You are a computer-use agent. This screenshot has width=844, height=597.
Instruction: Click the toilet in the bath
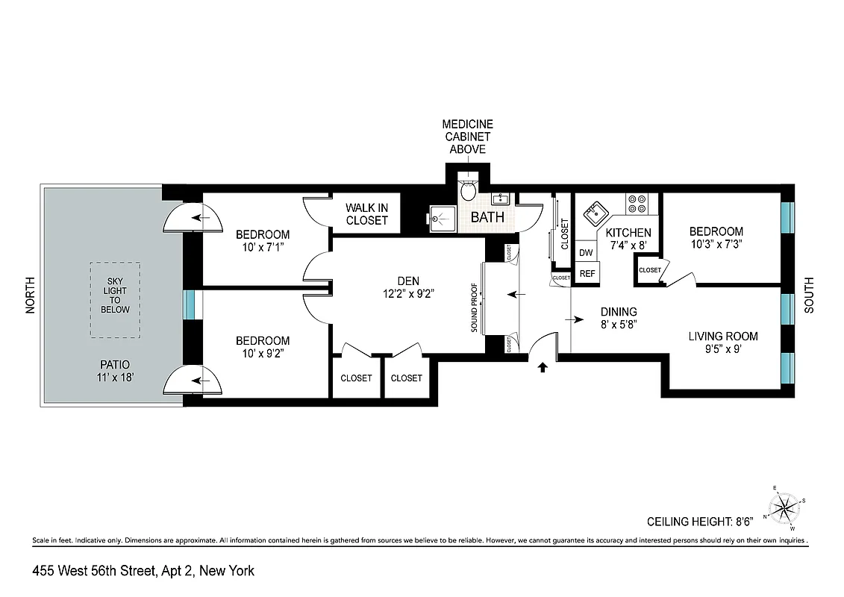click(x=469, y=192)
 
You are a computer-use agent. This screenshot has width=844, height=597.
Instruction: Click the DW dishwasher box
click(x=587, y=253)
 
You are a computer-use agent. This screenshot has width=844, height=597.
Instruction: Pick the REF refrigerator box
click(x=587, y=274)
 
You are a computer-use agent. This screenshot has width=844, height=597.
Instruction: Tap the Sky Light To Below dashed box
click(x=115, y=299)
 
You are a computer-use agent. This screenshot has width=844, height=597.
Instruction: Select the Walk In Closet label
click(x=366, y=214)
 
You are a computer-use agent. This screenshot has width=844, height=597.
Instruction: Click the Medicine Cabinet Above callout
click(x=468, y=137)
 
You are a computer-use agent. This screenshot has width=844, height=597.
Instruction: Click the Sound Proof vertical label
click(x=474, y=298)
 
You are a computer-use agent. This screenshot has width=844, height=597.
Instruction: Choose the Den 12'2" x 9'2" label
click(x=407, y=287)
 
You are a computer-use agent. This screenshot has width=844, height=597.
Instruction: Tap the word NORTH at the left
click(x=31, y=296)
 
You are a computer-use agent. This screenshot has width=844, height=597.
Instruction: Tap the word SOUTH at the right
click(x=810, y=296)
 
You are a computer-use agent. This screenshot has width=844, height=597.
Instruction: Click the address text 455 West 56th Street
click(x=143, y=571)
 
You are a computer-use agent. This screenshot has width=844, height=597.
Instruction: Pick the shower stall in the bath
click(x=443, y=219)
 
